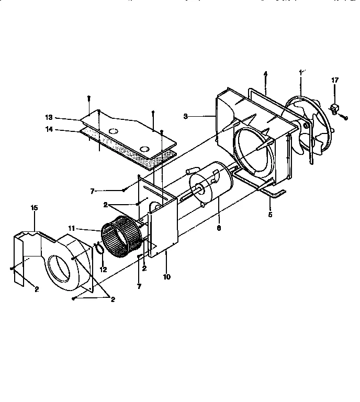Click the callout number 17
[335, 80]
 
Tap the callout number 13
[63, 118]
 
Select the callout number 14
[63, 130]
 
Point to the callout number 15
[35, 208]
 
